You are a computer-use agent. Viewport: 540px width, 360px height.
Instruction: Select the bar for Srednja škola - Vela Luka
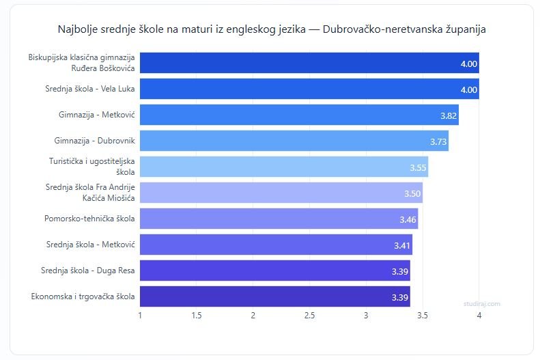point(309,89)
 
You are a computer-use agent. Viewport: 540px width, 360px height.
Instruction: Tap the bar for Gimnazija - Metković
point(299,115)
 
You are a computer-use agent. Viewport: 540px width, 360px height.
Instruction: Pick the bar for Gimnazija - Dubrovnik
point(294,141)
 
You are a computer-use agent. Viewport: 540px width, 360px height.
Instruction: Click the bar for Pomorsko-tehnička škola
point(279,219)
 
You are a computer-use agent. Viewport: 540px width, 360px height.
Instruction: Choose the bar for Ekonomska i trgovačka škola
point(275,296)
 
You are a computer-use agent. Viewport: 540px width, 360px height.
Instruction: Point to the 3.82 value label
point(448,115)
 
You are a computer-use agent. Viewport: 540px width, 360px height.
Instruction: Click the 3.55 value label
point(418,167)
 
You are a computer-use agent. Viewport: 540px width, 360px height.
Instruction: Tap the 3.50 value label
point(412,193)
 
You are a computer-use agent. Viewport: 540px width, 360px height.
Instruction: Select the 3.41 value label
point(402,245)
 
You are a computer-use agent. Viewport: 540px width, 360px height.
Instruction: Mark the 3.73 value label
point(438,141)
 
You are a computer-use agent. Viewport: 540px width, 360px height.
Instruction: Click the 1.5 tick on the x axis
point(197,315)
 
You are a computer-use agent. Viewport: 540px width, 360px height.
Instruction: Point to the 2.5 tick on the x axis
point(309,315)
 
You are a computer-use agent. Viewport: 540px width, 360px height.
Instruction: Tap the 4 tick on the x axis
point(479,315)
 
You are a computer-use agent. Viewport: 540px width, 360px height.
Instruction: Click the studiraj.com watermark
point(482,303)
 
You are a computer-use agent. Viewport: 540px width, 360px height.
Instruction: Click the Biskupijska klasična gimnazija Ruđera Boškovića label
point(82,63)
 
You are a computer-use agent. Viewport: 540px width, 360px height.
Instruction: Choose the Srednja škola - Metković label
point(90,245)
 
